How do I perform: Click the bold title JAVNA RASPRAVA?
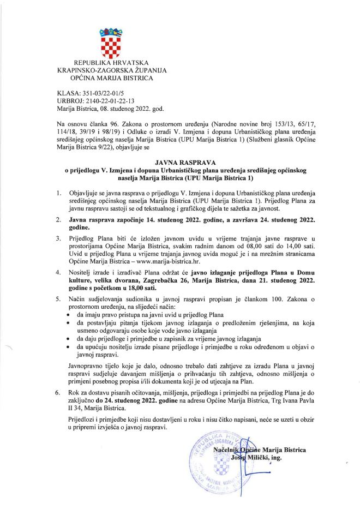pos(180,163)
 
